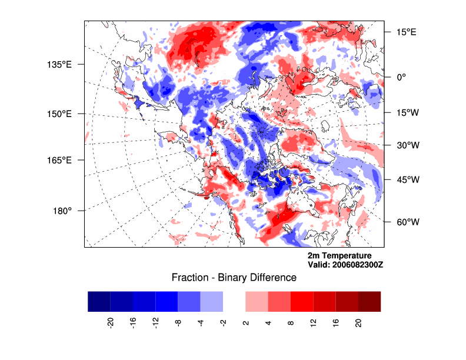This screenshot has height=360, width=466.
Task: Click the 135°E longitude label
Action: [x=59, y=64]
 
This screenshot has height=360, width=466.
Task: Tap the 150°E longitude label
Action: [x=59, y=114]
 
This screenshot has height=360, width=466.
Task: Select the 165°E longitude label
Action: [x=59, y=160]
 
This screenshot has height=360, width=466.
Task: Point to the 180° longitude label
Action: [x=62, y=211]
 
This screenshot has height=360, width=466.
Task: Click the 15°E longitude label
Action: [x=405, y=32]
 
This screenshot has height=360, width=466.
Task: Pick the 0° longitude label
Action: [x=401, y=76]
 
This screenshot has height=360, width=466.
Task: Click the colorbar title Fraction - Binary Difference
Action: [x=234, y=278]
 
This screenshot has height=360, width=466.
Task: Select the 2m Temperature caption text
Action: [x=339, y=256]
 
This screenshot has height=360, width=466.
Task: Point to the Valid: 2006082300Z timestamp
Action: [x=345, y=265]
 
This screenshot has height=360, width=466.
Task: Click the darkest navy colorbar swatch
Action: [x=99, y=301]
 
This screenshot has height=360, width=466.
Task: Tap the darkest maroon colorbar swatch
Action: [x=369, y=301]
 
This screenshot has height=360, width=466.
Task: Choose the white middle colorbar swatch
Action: [x=234, y=301]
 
